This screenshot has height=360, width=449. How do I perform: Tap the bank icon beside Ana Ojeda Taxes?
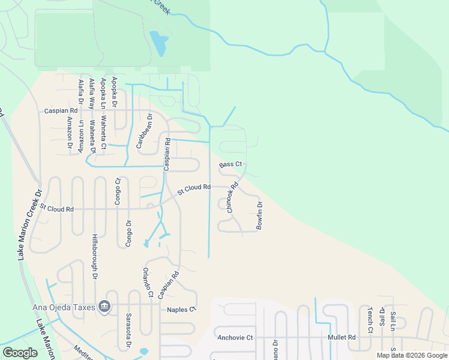click(105, 307)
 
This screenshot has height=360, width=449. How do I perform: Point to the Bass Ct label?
click(231, 164)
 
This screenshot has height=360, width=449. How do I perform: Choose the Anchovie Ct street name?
click(237, 338)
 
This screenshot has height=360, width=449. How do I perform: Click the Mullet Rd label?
click(342, 337)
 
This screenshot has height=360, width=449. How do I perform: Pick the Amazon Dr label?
click(70, 134)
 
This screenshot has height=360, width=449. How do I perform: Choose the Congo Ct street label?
click(118, 193)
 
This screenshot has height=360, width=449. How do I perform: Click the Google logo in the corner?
click(20, 352)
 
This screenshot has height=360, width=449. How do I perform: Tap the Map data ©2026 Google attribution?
click(411, 355)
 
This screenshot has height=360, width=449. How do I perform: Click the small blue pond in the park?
click(158, 43)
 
